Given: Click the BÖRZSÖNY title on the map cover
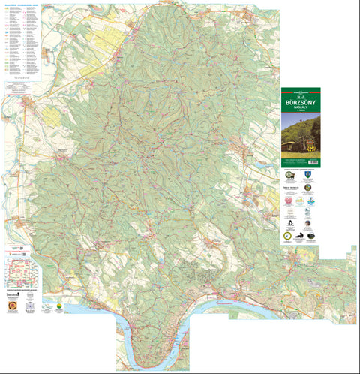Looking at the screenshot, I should click(300, 99).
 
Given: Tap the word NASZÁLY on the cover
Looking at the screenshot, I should click(300, 106).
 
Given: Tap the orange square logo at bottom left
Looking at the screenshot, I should click(11, 306).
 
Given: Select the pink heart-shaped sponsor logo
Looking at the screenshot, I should click(289, 201).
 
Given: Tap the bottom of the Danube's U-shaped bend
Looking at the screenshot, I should click(150, 353).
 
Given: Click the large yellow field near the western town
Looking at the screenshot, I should click(52, 116).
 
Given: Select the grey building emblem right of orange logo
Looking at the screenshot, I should click(30, 306).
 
